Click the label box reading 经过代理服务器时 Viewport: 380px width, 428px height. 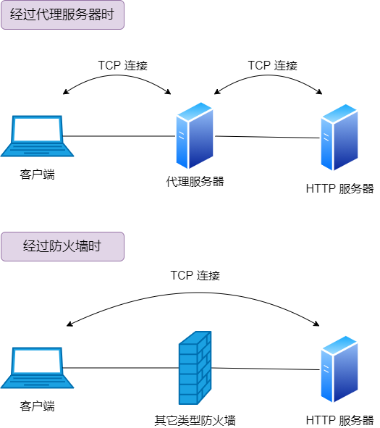click(62, 14)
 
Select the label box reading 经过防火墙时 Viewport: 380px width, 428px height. click(62, 246)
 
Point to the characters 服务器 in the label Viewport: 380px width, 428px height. click(85, 14)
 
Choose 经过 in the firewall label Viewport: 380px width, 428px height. click(36, 246)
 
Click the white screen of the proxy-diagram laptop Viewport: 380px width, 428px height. click(37, 130)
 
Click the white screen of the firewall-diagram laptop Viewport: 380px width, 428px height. click(37, 361)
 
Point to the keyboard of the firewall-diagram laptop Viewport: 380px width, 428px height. click(37, 382)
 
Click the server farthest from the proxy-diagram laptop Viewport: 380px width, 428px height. click(339, 137)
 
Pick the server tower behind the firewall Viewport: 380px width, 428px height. click(339, 369)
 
